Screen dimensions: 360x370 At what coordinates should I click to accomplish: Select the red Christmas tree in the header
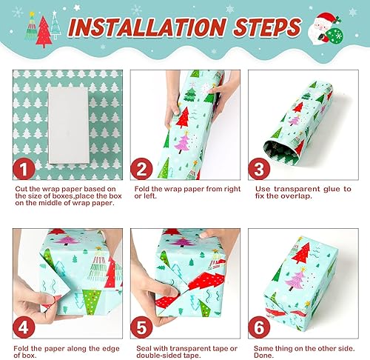(x=44, y=32)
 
